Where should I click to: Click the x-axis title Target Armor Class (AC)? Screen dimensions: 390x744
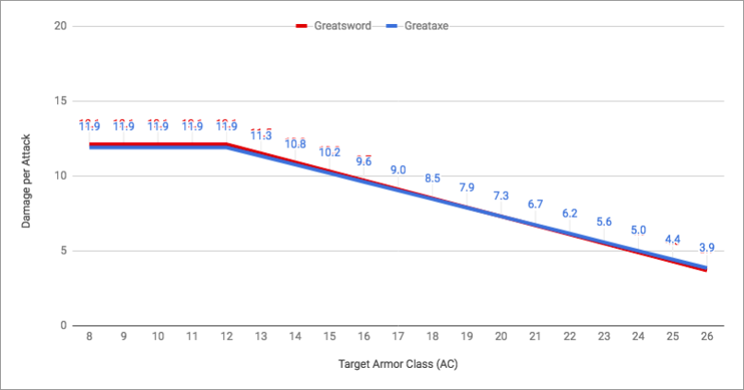(x=397, y=363)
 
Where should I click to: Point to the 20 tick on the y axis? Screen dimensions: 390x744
(x=60, y=26)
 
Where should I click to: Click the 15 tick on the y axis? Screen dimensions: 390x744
(x=60, y=100)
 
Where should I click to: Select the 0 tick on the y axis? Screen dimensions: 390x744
(x=63, y=325)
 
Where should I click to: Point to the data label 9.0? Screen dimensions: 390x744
(x=398, y=171)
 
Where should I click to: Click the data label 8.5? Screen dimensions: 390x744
(x=432, y=179)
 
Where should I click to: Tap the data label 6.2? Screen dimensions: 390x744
(x=570, y=213)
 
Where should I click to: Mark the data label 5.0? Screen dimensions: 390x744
(x=638, y=230)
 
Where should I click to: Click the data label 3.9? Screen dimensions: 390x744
(x=706, y=248)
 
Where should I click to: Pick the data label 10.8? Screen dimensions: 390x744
(x=296, y=144)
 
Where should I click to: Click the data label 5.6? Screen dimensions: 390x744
(x=604, y=222)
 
